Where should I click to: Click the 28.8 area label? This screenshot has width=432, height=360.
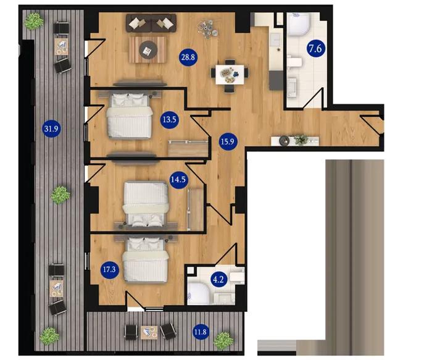click(188, 57)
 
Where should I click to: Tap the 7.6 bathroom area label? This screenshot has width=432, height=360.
click(316, 49)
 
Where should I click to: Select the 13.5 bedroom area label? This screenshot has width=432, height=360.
click(170, 120)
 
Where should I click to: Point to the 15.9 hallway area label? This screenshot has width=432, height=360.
click(228, 141)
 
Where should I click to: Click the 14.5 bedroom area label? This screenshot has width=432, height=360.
click(178, 180)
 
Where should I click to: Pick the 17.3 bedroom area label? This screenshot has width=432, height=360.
click(110, 269)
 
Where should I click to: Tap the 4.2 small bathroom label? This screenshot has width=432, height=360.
click(218, 280)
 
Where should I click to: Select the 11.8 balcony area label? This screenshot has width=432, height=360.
click(201, 332)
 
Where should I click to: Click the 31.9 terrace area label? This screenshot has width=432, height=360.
click(51, 128)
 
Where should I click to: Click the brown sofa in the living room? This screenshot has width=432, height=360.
click(151, 23)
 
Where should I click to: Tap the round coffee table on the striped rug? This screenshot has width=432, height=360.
click(148, 50)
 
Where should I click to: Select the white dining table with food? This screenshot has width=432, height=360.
click(230, 75)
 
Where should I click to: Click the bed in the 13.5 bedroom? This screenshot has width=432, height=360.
click(130, 115)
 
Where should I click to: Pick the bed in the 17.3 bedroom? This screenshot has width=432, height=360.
click(146, 260)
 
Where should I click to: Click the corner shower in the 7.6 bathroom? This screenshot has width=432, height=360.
click(299, 24)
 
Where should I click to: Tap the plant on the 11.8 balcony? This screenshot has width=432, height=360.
click(223, 341)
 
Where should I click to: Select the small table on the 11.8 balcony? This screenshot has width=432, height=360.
click(149, 332)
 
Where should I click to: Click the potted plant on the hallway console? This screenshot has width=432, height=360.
click(301, 140)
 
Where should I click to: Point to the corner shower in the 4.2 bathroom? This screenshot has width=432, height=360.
click(199, 294)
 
